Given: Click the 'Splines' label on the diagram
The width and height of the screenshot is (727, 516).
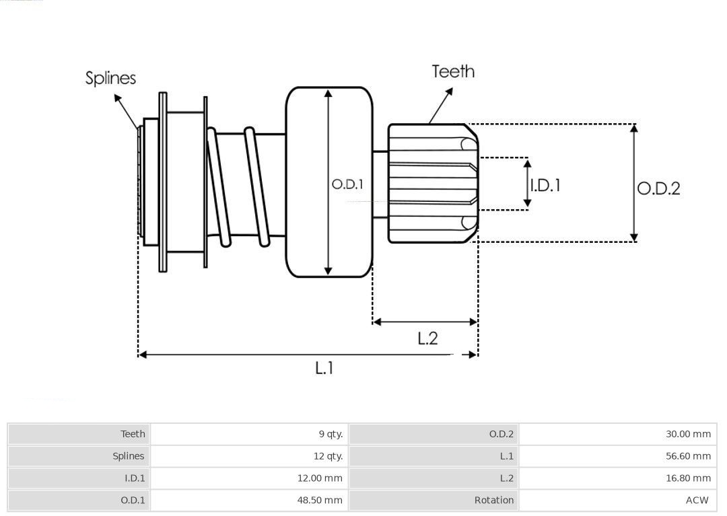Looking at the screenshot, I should [x=110, y=78].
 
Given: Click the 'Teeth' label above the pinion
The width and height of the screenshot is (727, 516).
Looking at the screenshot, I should [x=453, y=71].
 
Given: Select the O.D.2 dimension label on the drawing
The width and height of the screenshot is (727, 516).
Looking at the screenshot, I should [x=658, y=188].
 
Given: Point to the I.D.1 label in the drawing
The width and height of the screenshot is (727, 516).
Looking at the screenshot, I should [x=545, y=185].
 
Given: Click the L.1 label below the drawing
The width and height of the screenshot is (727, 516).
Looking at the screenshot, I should [x=324, y=367].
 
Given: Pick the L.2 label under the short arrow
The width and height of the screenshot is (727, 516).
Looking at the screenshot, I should [x=427, y=338].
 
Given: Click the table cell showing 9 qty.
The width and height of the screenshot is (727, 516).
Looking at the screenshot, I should [x=331, y=434].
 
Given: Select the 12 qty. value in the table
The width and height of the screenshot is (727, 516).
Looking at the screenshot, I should [x=328, y=456].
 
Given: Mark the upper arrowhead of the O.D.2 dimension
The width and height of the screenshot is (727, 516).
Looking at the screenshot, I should [x=633, y=128].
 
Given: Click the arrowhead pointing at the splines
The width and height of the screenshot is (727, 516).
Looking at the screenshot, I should [x=118, y=98].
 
